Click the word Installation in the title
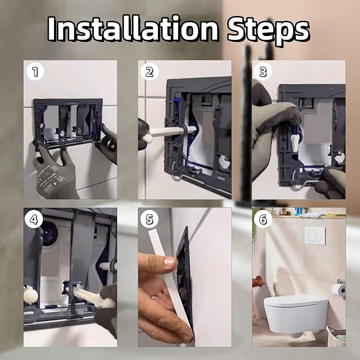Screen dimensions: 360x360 pos(133,29)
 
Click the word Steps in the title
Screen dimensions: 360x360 pos(269,32)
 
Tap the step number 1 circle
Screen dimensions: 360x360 pos(35,72)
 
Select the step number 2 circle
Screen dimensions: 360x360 pos(150,72)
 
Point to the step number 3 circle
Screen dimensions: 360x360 pos(263,72)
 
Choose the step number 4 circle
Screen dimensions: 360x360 pos(34,219)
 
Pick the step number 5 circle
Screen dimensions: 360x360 pos(150,219)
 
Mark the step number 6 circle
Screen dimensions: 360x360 pos(263,219)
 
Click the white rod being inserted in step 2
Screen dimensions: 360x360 pos(172,132)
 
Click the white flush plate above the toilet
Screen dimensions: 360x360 pos(315,235)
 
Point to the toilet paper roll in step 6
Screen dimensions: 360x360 pos(339,291)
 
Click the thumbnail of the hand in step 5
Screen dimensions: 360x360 pos(170,261)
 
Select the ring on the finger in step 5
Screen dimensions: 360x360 pos(153,297)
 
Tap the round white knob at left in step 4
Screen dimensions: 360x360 pos(31,295)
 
